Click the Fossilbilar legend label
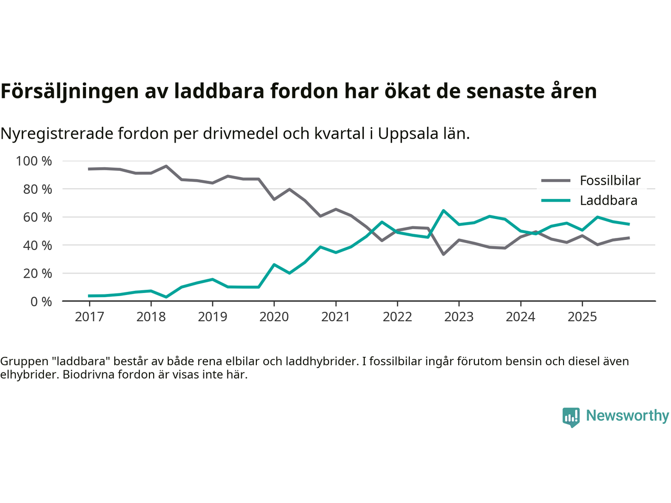610,181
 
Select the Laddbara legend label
608,201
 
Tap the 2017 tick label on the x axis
89,317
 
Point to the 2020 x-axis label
274,317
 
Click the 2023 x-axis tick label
459,317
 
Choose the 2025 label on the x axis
582,317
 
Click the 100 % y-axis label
34,161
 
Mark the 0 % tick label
41,301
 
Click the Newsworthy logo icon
571,417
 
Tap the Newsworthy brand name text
627,415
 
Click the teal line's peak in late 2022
443,211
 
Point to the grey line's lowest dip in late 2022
443,254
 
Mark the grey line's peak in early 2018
166,166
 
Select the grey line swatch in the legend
555,181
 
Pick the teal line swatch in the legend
555,201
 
